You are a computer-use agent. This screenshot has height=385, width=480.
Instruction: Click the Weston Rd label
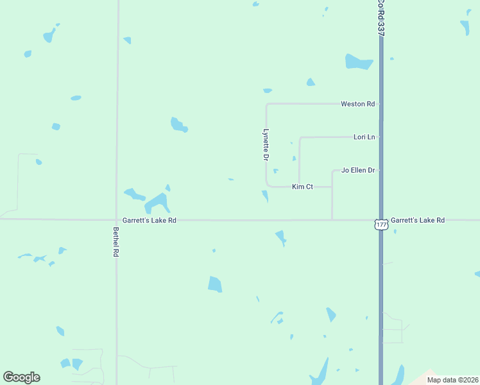tap(357, 104)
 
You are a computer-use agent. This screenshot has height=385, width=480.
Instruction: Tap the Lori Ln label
tap(364, 137)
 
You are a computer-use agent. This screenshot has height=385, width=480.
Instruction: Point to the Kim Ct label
tap(302, 187)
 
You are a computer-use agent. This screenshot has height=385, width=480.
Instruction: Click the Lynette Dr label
tap(266, 144)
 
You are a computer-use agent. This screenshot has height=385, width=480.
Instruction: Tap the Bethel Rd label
tap(116, 242)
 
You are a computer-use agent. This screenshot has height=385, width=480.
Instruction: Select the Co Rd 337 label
tap(381, 17)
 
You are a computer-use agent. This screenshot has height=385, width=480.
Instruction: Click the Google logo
tap(21, 377)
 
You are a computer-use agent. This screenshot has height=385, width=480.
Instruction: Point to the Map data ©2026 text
tap(452, 379)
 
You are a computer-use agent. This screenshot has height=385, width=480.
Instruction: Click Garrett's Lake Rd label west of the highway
tap(150, 220)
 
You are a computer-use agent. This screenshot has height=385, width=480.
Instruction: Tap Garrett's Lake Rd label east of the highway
tap(418, 220)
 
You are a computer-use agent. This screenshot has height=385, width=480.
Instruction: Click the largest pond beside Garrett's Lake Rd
tap(158, 203)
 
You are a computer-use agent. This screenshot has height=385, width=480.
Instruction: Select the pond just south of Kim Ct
tap(265, 196)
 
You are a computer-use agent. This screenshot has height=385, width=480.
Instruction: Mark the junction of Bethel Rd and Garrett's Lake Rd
tap(116, 219)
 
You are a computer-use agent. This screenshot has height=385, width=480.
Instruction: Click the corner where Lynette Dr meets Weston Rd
tap(266, 104)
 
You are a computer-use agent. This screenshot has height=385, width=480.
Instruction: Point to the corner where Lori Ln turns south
tap(300, 137)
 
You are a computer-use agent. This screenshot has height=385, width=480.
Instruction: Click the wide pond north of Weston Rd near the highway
tap(359, 62)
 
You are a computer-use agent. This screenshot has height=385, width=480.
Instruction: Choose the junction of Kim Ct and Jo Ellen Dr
tap(332, 187)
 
